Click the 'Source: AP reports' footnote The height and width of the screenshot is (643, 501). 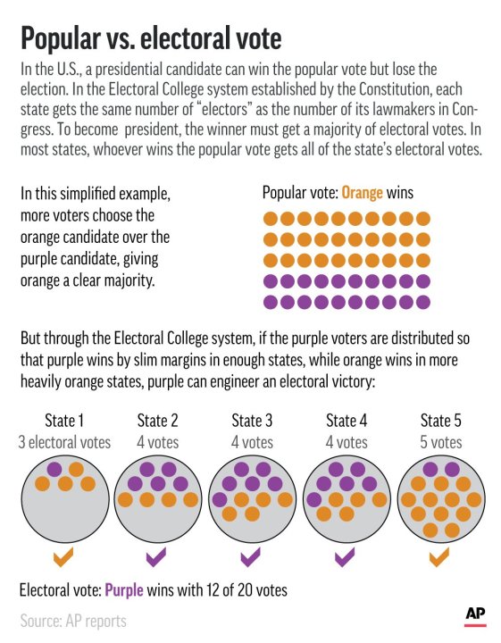pos(73,620)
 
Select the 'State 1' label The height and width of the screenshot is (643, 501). pos(64,421)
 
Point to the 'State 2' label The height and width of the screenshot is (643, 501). pos(158,421)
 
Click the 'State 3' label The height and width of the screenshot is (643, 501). pos(252,421)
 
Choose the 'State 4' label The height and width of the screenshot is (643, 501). pos(346,421)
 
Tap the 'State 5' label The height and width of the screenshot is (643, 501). pos(440,421)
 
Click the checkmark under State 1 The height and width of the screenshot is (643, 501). pos(63,558)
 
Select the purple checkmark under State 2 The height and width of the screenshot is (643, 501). pos(157,558)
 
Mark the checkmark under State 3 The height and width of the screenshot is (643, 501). pos(251,558)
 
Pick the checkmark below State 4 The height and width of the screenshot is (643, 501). pos(346,558)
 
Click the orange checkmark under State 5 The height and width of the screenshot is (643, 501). pos(439,558)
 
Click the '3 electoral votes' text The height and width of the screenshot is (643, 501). pos(64,441)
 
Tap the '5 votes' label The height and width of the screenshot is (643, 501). pos(440,441)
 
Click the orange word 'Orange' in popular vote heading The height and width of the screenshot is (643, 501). pos(364,193)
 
